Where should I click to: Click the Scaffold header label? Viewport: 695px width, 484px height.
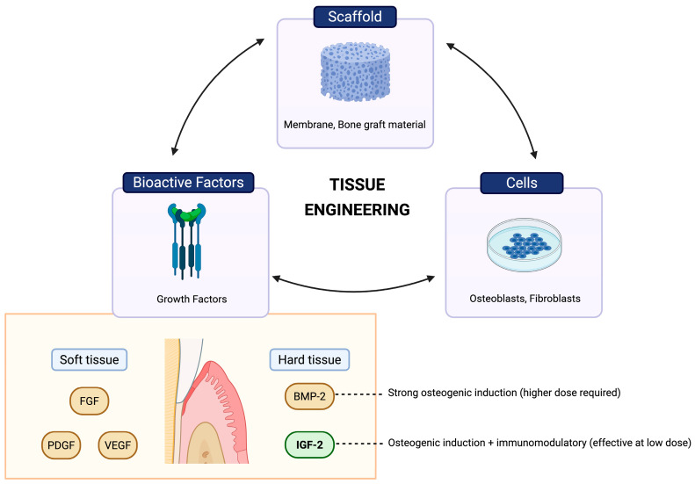coord(355,17)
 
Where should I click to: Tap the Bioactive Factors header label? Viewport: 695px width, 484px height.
coord(188,183)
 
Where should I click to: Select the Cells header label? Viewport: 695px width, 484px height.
coord(522,183)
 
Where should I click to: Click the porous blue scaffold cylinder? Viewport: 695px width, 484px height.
coord(355,72)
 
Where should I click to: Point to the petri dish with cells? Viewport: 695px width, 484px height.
coord(525,244)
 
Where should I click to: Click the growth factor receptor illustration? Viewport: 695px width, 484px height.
coord(186,241)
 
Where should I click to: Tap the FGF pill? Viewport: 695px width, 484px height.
coord(89,401)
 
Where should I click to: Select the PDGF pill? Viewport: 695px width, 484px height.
coord(62,445)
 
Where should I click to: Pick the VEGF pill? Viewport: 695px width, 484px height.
coord(118,445)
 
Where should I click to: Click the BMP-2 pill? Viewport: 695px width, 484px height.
coord(309,396)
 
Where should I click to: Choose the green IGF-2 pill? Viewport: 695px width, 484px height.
coord(309,444)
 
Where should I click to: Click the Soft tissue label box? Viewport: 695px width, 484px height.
coord(89,359)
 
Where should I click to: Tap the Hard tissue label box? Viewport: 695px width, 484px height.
coord(309,359)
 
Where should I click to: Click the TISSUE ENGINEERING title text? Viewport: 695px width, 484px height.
coord(358,197)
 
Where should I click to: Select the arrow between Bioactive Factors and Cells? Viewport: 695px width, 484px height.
coord(353,292)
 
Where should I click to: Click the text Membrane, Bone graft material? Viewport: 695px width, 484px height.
coord(355,125)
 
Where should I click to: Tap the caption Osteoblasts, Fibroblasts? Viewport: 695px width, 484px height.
coord(525,299)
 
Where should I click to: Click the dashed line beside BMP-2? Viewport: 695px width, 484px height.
coord(358,394)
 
